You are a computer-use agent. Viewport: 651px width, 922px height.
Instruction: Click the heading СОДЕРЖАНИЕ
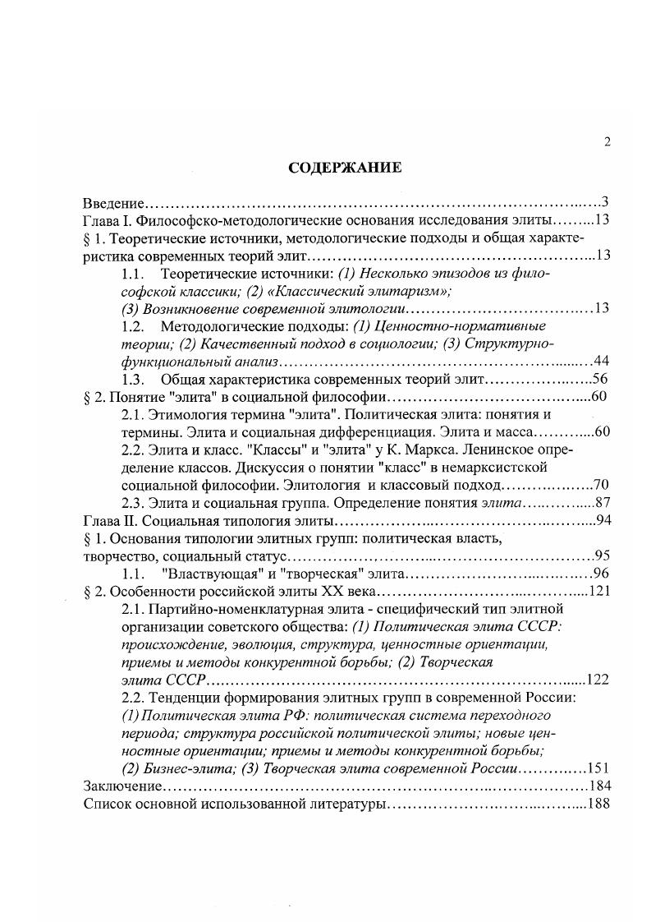[345, 168]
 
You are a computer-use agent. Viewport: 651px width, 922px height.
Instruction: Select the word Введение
[115, 202]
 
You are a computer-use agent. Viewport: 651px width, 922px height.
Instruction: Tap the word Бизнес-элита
[179, 769]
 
